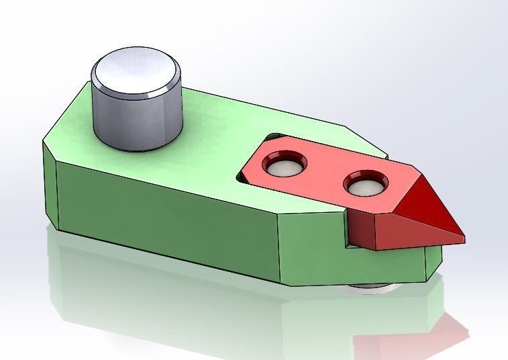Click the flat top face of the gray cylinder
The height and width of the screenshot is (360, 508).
136,71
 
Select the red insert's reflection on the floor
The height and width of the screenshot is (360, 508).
429,336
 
